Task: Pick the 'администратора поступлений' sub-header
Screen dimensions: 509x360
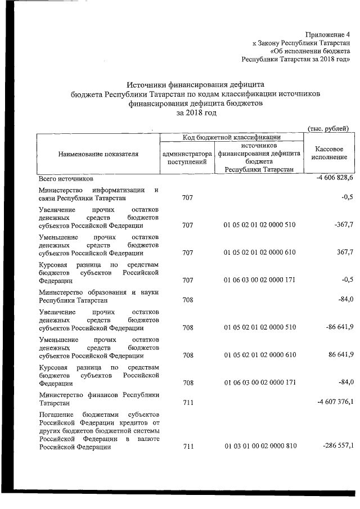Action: pos(187,157)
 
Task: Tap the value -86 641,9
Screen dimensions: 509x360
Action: pos(335,327)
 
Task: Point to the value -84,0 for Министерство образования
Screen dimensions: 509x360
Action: pos(344,300)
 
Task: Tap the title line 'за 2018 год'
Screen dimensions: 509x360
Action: pos(196,113)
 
